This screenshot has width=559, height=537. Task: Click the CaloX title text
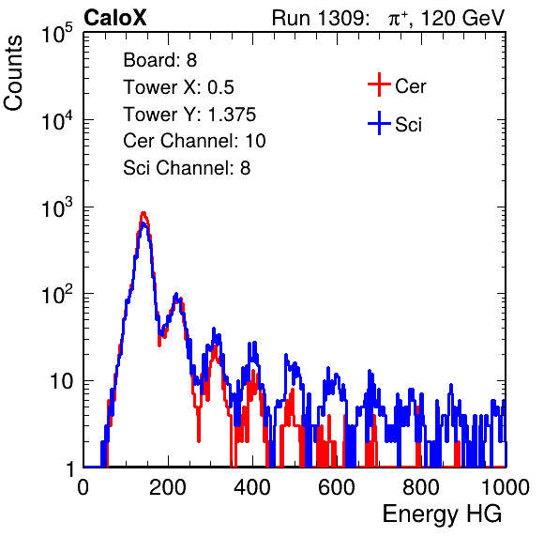115,18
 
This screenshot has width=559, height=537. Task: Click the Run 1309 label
320,18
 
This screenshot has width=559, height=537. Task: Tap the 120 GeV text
463,18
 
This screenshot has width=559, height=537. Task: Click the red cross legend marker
379,84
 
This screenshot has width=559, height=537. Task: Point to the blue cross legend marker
379,123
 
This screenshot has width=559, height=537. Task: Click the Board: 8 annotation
160,60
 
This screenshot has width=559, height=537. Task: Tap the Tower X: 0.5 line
178,87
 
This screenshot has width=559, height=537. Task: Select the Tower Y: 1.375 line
189,115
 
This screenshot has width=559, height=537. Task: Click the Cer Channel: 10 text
194,141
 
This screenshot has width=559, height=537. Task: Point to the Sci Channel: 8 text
187,168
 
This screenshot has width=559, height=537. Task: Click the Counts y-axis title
13,73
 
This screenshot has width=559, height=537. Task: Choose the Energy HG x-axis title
443,514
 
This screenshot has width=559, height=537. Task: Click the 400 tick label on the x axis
252,487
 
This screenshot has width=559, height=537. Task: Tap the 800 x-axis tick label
421,487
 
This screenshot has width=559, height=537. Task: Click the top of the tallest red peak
144,213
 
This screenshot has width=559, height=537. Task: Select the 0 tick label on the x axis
83,487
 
